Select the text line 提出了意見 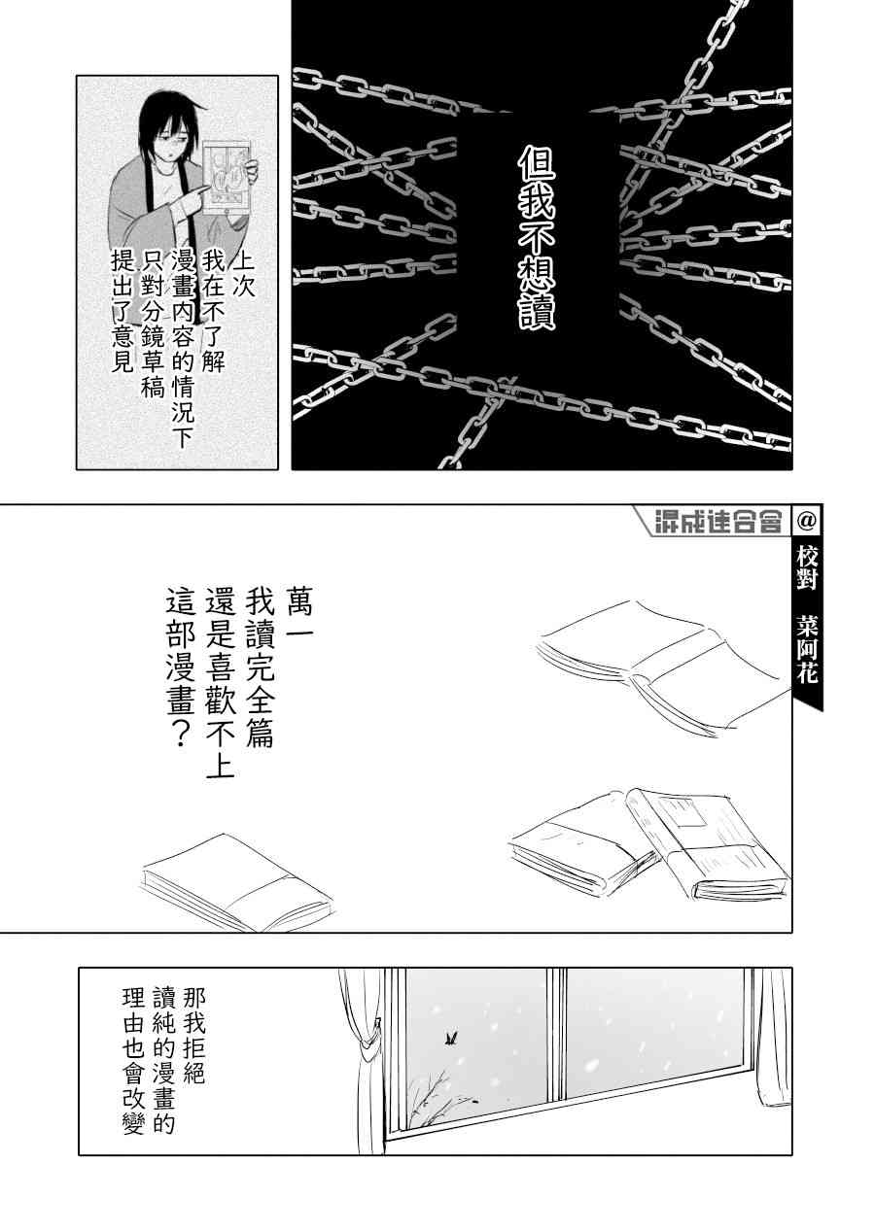point(122,313)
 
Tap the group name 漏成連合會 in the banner point(718,522)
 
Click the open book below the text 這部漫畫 point(236,881)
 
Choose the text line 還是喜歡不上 point(220,689)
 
